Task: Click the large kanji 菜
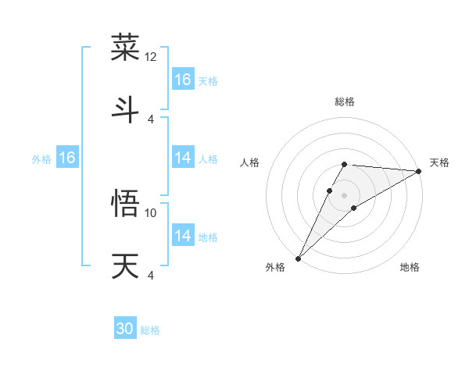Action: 126,48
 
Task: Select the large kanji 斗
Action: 126,109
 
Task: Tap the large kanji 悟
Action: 126,205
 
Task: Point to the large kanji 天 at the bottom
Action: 126,266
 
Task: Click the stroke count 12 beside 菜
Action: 151,57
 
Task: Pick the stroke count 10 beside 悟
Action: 151,212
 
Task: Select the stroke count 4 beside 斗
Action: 151,119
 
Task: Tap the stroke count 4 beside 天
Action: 151,275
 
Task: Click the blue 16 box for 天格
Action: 183,80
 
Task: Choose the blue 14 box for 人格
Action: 183,159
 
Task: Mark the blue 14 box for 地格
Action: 183,236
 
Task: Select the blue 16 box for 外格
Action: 67,159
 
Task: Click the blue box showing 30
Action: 125,329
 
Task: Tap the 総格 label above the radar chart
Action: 345,102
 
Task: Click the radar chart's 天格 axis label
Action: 440,162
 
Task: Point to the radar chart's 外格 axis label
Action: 275,267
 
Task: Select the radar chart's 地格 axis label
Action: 410,267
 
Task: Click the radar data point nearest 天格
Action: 419,171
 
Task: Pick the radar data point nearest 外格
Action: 299,258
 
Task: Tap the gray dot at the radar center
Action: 345,194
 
